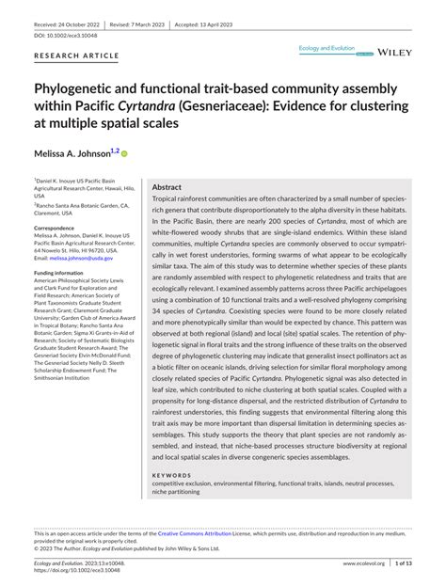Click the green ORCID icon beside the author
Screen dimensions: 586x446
click(122, 152)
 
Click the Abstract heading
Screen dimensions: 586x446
click(167, 187)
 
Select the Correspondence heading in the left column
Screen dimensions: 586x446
click(59, 228)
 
